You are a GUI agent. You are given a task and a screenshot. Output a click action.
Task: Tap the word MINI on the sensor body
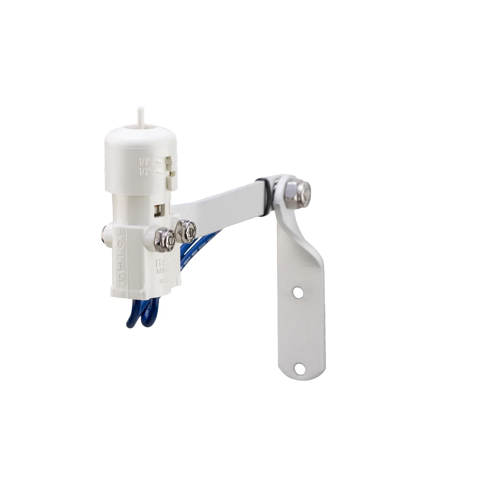point(163,272)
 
